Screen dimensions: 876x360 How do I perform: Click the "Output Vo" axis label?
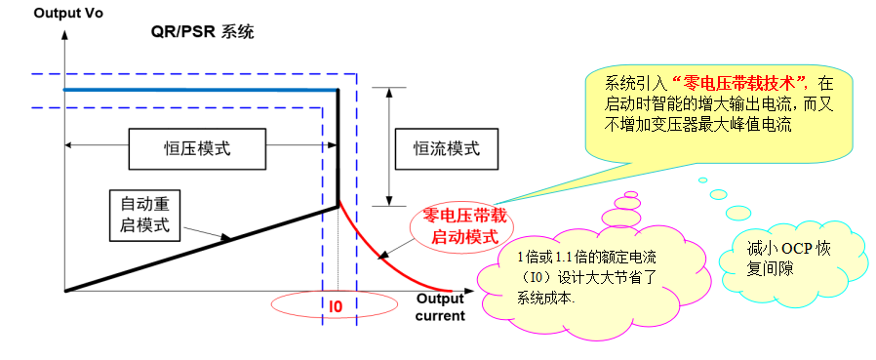point(41,13)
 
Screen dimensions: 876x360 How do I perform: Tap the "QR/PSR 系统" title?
point(202,32)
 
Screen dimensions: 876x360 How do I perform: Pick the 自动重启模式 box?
point(145,217)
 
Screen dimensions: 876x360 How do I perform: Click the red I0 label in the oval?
point(334,306)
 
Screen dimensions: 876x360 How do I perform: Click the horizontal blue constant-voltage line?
point(195,90)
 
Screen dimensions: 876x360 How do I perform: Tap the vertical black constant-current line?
point(338,146)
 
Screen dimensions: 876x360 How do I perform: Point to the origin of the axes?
point(63,290)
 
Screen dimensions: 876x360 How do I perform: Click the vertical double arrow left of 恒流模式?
point(388,146)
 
